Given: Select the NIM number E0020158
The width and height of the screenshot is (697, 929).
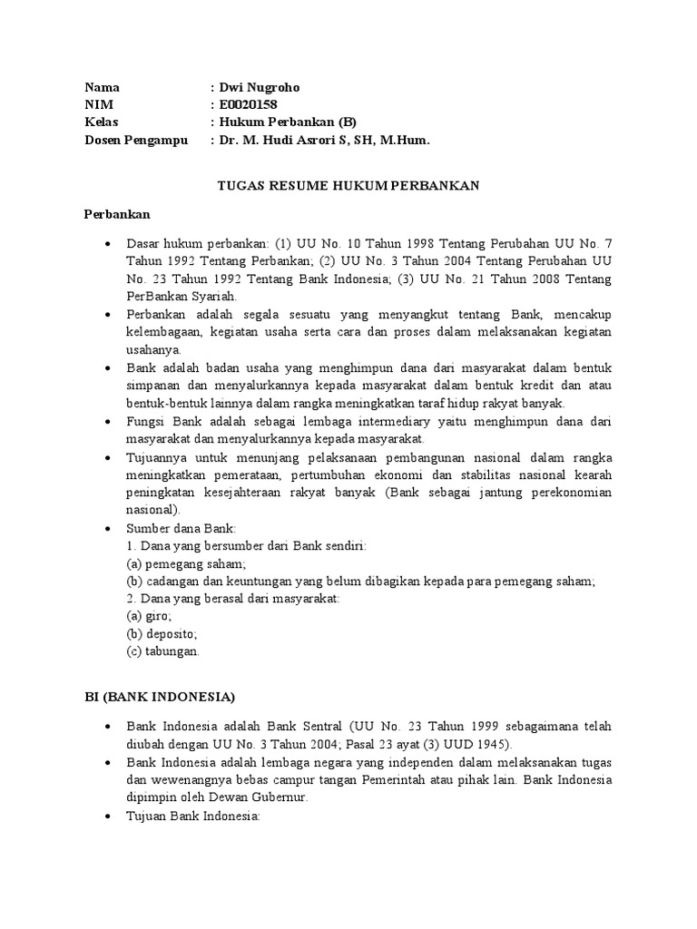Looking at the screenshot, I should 243,105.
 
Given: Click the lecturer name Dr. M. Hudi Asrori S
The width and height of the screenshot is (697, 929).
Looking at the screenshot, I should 294,140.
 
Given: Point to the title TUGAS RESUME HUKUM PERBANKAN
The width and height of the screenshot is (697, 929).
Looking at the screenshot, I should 348,186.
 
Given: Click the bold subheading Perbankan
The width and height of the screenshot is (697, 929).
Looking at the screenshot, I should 117,215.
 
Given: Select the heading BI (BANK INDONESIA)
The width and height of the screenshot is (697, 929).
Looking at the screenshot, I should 160,697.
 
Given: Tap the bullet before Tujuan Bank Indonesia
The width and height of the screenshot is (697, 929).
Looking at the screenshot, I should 108,816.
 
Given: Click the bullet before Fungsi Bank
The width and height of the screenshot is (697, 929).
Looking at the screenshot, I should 108,422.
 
